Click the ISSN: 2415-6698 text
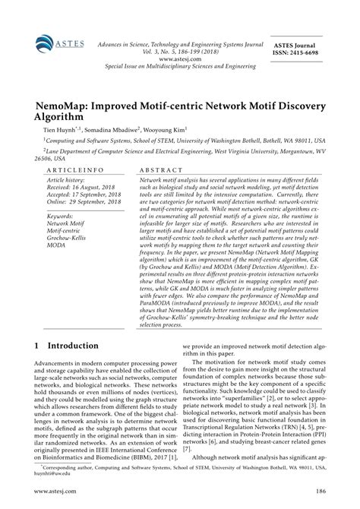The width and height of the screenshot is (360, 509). [307, 54]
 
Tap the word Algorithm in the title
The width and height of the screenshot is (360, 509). [63, 119]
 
